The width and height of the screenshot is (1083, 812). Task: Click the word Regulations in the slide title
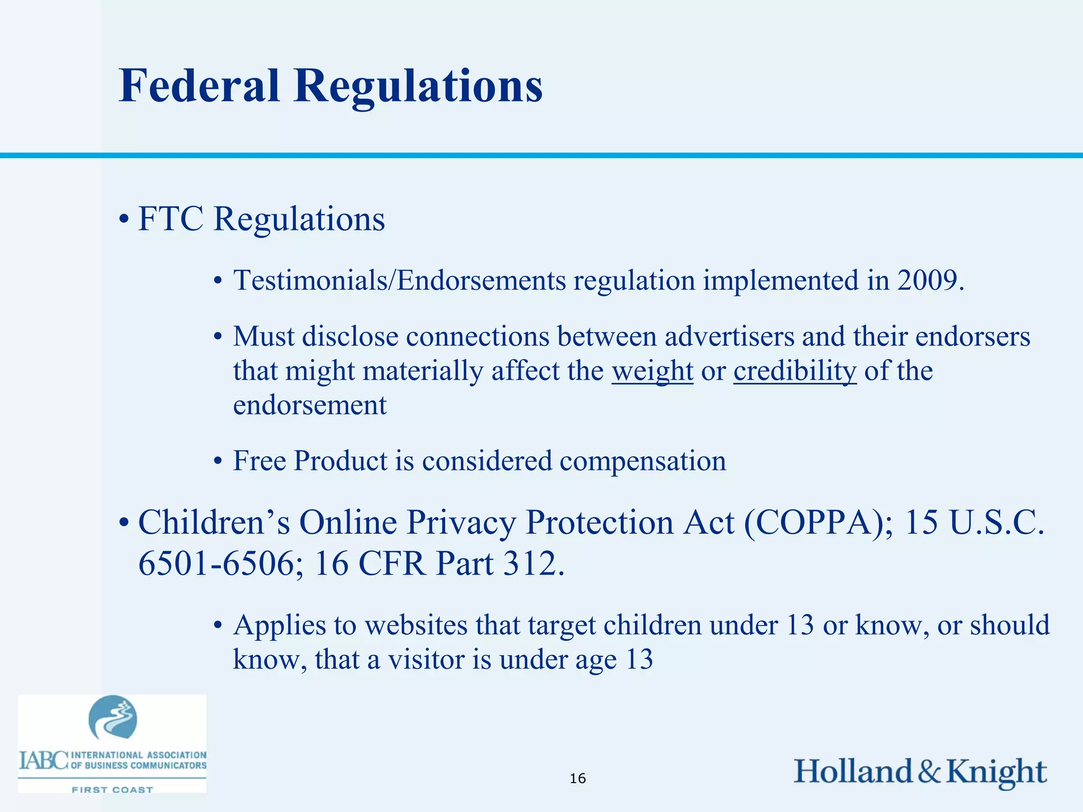pyautogui.click(x=418, y=86)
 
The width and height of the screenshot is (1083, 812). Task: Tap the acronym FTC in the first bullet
pyautogui.click(x=170, y=218)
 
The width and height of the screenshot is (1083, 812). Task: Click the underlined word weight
pyautogui.click(x=652, y=371)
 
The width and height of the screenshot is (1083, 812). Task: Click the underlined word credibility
pyautogui.click(x=794, y=371)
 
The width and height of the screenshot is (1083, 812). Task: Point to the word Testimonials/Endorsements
pyautogui.click(x=400, y=280)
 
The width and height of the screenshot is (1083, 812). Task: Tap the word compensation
pyautogui.click(x=643, y=460)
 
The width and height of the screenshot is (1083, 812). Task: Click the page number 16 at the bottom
pyautogui.click(x=577, y=778)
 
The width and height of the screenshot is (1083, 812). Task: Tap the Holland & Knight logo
pyautogui.click(x=920, y=771)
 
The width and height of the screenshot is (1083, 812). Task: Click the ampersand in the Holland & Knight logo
pyautogui.click(x=929, y=771)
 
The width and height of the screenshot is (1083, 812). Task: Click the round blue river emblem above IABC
pyautogui.click(x=113, y=717)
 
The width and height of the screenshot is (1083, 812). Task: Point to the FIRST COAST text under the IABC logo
pyautogui.click(x=112, y=790)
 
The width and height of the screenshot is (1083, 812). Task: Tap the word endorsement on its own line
pyautogui.click(x=310, y=405)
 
